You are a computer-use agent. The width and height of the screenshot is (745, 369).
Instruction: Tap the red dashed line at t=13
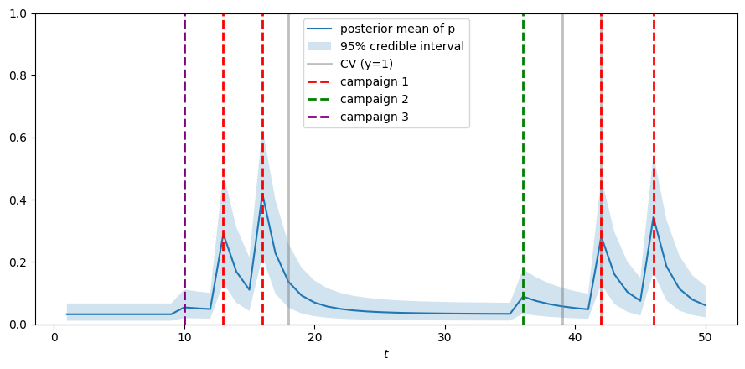tap(223, 126)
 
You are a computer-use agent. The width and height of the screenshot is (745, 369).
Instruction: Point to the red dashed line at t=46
tap(654, 126)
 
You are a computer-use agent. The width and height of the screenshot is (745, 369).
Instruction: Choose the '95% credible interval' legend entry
tap(401, 46)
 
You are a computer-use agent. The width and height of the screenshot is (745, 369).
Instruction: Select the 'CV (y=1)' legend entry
tap(366, 64)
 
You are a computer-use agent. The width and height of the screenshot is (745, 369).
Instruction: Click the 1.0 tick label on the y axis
tap(17, 13)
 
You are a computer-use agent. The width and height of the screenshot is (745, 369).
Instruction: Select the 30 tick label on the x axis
tap(445, 338)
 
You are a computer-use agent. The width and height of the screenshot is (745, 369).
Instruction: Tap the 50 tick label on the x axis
tap(706, 338)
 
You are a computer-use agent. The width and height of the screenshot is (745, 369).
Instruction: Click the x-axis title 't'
tap(385, 355)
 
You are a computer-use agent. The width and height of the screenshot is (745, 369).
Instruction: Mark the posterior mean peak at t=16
tap(262, 198)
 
